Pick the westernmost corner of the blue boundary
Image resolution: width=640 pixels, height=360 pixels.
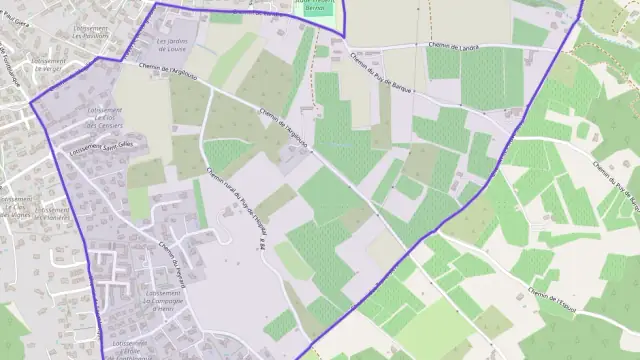(31, 103)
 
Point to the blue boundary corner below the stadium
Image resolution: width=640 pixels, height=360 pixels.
(345, 38)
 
